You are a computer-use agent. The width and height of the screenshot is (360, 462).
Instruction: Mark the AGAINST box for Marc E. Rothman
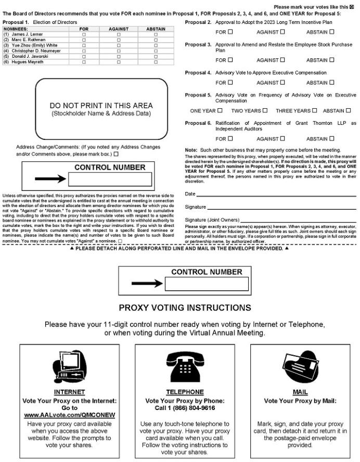[119, 39]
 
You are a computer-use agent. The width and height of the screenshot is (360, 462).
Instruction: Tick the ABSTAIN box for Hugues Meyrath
[156, 62]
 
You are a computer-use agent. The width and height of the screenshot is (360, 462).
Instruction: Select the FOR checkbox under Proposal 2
[230, 32]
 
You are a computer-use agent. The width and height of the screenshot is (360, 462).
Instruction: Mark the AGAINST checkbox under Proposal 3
[283, 60]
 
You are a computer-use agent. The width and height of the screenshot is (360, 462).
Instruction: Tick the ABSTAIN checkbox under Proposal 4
[331, 82]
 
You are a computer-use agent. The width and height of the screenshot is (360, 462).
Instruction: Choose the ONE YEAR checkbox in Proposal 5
[220, 110]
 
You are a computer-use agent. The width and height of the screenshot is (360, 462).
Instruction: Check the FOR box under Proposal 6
[230, 138]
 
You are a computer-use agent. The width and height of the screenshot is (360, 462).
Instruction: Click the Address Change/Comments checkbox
[116, 154]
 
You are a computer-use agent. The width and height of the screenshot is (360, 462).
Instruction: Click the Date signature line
[276, 195]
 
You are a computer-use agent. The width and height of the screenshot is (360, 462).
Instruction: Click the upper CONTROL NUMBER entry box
[110, 179]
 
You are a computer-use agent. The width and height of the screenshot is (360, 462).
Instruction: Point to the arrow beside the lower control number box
[147, 284]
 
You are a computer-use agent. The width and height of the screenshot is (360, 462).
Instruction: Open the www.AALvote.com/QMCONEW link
[69, 415]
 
